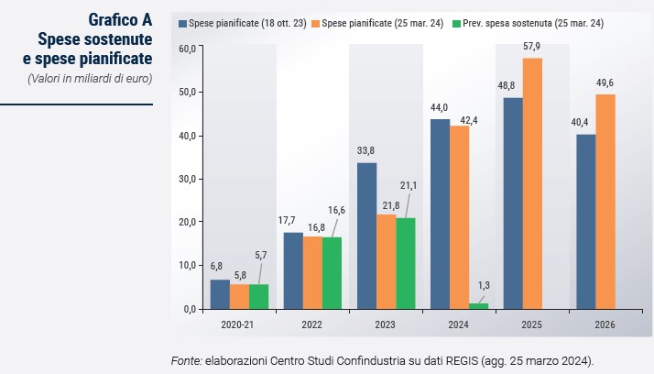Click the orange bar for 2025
[532, 183]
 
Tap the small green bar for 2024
[478, 305]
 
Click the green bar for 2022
[332, 273]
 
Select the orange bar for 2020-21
[239, 296]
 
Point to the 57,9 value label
[532, 45]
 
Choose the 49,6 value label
[605, 82]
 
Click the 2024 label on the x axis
[459, 324]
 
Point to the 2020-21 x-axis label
[238, 324]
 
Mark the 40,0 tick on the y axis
[189, 136]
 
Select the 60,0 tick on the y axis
[189, 49]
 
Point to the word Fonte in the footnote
[186, 358]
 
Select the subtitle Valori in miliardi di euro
[90, 78]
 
